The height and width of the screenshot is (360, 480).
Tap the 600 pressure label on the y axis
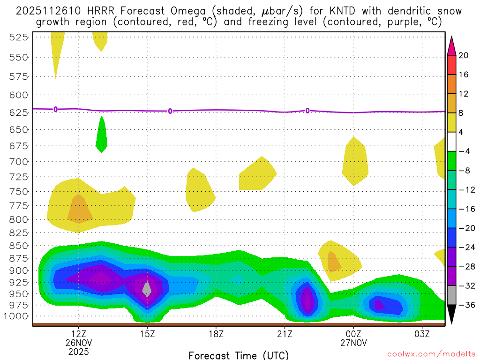(18, 95)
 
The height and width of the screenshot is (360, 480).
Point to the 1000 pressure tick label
(16, 316)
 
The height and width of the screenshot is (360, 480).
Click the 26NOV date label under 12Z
(78, 342)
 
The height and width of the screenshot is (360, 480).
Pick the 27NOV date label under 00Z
(353, 342)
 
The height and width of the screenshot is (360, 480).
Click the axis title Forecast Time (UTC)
(239, 355)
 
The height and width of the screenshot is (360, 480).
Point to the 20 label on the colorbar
(464, 55)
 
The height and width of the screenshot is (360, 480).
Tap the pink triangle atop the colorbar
(451, 45)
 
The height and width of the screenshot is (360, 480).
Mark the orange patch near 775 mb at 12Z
(80, 210)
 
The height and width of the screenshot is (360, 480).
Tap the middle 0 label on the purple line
(170, 111)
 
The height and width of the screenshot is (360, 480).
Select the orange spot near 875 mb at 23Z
(333, 262)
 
